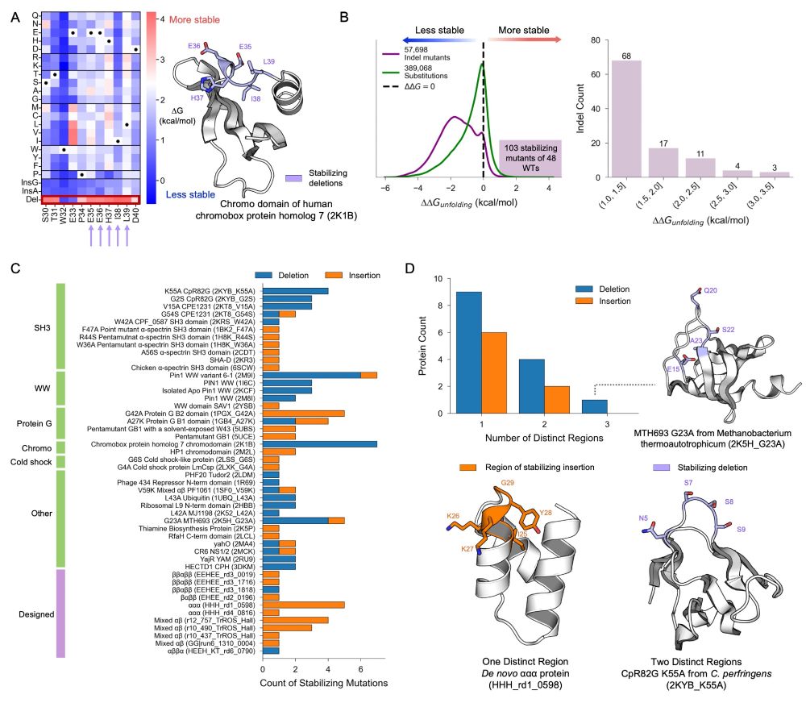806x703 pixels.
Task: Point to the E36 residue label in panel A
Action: point(193,47)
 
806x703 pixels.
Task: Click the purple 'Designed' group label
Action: point(35,614)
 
